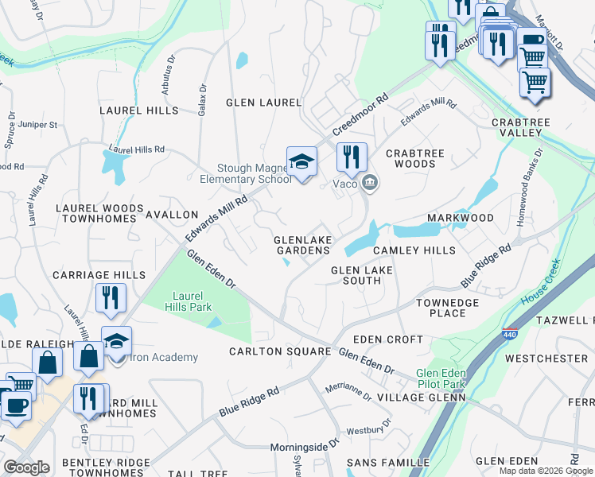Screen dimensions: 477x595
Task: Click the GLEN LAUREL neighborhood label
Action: [263, 103]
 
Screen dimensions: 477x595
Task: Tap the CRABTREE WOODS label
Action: [410, 158]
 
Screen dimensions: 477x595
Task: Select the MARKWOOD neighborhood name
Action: [460, 217]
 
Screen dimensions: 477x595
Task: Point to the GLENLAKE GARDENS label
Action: [301, 245]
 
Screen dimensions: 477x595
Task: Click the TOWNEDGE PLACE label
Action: [447, 308]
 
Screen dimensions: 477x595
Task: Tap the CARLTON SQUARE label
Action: [279, 351]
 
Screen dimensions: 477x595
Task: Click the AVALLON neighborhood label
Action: [172, 215]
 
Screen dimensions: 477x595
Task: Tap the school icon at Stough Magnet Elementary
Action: [301, 162]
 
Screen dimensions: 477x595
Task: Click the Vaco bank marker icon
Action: [370, 184]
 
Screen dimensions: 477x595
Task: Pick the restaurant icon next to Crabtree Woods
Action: [351, 156]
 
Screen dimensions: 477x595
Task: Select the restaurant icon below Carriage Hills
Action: [111, 297]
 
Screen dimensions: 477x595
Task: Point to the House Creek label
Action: [541, 285]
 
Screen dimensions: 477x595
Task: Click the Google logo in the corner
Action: [26, 467]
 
